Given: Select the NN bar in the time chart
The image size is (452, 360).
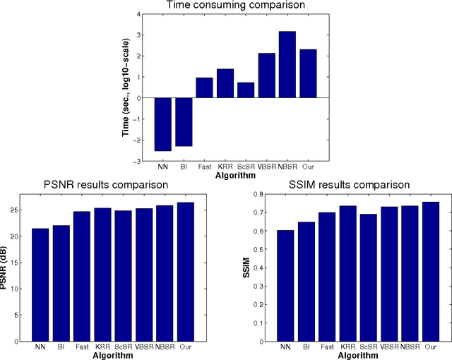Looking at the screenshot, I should (163, 124).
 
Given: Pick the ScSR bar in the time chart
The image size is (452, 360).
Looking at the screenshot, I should (246, 90).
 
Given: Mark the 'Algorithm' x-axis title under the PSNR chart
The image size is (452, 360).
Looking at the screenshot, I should (113, 355).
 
